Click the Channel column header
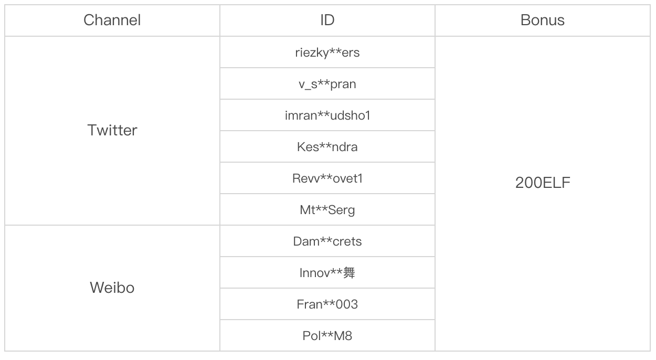tap(112, 20)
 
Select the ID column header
tap(327, 20)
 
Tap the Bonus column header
tap(542, 20)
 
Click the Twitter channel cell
tap(112, 130)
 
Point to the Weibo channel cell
tap(112, 288)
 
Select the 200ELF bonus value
tap(542, 183)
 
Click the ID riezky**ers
tap(327, 52)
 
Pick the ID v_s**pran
tap(327, 84)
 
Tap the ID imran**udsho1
tap(327, 115)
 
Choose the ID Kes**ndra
tap(327, 147)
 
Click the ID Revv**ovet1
tap(327, 178)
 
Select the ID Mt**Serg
tap(327, 210)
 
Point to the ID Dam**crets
tap(327, 241)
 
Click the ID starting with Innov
tap(327, 273)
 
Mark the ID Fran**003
tap(327, 305)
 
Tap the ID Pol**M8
tap(327, 336)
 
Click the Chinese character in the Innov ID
tap(349, 273)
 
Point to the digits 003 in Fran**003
tap(347, 305)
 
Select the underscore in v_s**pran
tap(308, 90)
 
